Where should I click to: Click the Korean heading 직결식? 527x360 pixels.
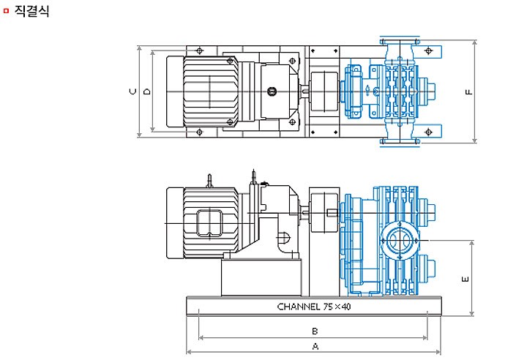click(32, 11)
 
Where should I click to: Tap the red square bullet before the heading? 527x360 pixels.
click(6, 11)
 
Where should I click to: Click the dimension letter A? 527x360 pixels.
click(315, 346)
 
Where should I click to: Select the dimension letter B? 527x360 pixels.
click(315, 331)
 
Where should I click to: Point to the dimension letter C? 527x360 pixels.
click(133, 91)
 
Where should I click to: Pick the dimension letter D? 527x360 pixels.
click(147, 91)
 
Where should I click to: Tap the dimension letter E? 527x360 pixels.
click(466, 279)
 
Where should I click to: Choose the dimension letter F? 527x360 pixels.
click(469, 91)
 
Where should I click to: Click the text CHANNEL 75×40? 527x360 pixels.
click(314, 307)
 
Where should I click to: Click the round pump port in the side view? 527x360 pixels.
click(400, 241)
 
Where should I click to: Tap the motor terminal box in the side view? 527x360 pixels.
click(210, 223)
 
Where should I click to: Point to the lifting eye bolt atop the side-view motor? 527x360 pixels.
click(209, 181)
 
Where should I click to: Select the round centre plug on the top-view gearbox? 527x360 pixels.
click(272, 91)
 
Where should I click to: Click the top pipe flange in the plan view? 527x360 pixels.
click(400, 42)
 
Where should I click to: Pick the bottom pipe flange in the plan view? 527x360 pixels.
click(400, 141)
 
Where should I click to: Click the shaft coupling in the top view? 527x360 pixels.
click(324, 91)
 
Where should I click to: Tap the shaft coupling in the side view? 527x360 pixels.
click(324, 212)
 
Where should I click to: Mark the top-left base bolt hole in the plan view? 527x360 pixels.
click(199, 50)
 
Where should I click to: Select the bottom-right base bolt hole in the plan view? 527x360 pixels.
click(428, 132)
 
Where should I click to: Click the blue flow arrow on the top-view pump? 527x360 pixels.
click(367, 90)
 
